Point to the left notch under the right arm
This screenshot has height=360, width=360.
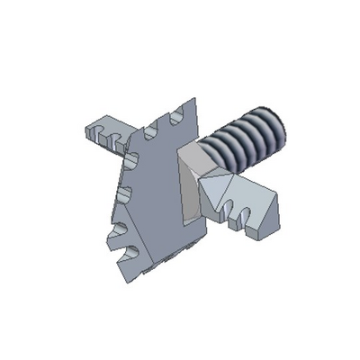coord(226,215)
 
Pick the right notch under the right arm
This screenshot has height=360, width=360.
coord(243,216)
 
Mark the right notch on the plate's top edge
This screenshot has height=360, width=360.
coord(180,112)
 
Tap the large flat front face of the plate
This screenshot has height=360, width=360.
coord(157,198)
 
